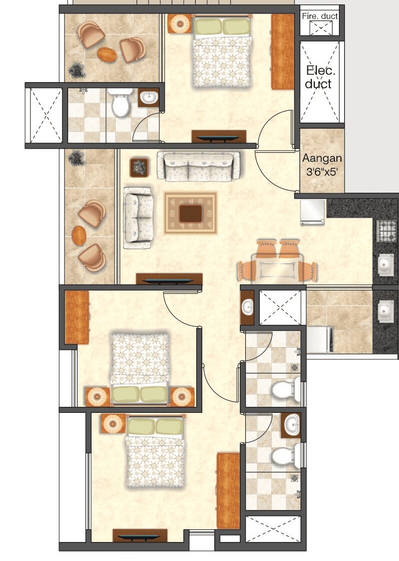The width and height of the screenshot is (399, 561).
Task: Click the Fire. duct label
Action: [x=320, y=16]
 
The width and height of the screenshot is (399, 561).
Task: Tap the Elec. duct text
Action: [x=318, y=77]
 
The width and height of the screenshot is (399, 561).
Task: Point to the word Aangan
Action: [x=322, y=159]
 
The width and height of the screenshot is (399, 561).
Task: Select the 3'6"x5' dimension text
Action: [x=322, y=171]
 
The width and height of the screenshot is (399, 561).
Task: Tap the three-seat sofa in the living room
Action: [x=198, y=165]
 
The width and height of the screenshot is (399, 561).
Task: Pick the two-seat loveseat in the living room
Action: [x=138, y=218]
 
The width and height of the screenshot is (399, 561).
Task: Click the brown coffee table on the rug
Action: [x=191, y=213]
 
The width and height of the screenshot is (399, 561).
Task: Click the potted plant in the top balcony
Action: [x=77, y=70]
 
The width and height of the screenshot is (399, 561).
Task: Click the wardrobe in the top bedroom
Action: [x=282, y=51]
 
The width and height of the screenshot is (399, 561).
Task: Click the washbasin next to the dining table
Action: [x=248, y=306]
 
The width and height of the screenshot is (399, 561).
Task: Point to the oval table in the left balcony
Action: [x=79, y=235]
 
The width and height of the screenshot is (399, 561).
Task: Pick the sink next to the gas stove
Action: [x=385, y=265]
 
